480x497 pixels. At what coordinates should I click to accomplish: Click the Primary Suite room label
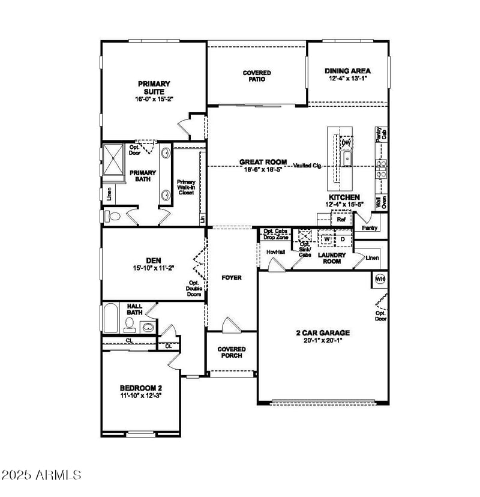pyautogui.click(x=154, y=88)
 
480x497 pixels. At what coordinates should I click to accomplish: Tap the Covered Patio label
pyautogui.click(x=257, y=76)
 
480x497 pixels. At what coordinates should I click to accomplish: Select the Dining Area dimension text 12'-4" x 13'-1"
pyautogui.click(x=347, y=78)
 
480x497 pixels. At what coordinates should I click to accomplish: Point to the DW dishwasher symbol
pyautogui.click(x=346, y=143)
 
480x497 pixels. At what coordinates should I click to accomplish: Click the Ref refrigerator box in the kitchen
pyautogui.click(x=341, y=220)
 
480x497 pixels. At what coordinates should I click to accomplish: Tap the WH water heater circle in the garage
pyautogui.click(x=380, y=279)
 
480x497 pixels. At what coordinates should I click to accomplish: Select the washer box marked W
pyautogui.click(x=326, y=239)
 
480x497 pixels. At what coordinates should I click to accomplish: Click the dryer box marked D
pyautogui.click(x=343, y=239)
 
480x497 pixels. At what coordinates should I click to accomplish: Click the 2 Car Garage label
pyautogui.click(x=323, y=333)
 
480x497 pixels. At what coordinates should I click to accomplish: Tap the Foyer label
pyautogui.click(x=231, y=277)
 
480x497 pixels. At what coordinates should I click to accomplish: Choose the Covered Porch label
pyautogui.click(x=231, y=352)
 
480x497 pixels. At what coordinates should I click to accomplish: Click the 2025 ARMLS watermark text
pyautogui.click(x=42, y=475)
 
